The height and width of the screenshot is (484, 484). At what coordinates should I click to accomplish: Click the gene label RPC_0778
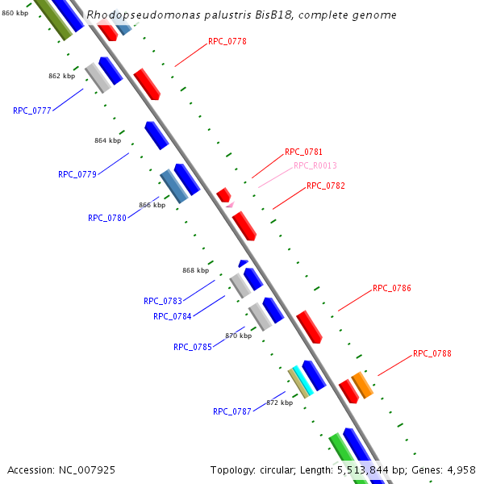(x=227, y=41)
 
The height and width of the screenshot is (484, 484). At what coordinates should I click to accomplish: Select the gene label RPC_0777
(x=32, y=111)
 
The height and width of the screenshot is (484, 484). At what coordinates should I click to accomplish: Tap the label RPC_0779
(x=77, y=174)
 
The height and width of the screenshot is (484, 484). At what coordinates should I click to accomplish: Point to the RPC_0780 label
(x=107, y=218)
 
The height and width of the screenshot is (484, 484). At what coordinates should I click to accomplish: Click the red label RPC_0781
(x=303, y=152)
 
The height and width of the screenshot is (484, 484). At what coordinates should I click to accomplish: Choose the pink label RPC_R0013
(x=315, y=165)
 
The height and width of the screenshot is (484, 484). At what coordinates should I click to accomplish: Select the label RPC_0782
(x=326, y=186)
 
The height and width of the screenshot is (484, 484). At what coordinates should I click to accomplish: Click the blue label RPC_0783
(x=163, y=301)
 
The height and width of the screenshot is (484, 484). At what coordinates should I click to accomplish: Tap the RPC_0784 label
(x=173, y=316)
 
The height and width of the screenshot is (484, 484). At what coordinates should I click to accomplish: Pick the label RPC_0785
(x=193, y=347)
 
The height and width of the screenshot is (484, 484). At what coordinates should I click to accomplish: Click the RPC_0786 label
(x=392, y=288)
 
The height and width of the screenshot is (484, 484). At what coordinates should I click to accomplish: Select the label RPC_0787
(x=232, y=411)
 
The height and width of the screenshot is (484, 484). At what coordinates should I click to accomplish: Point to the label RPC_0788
(x=432, y=353)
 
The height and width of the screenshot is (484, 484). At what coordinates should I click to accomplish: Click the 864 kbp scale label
(x=107, y=140)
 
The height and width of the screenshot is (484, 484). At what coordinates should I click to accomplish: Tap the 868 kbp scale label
(x=195, y=271)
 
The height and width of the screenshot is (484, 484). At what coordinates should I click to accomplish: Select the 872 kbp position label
(x=279, y=403)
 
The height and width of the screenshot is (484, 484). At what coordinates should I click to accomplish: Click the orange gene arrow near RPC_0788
(x=362, y=385)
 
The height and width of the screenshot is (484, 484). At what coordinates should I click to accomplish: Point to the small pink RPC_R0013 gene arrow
(x=229, y=206)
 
